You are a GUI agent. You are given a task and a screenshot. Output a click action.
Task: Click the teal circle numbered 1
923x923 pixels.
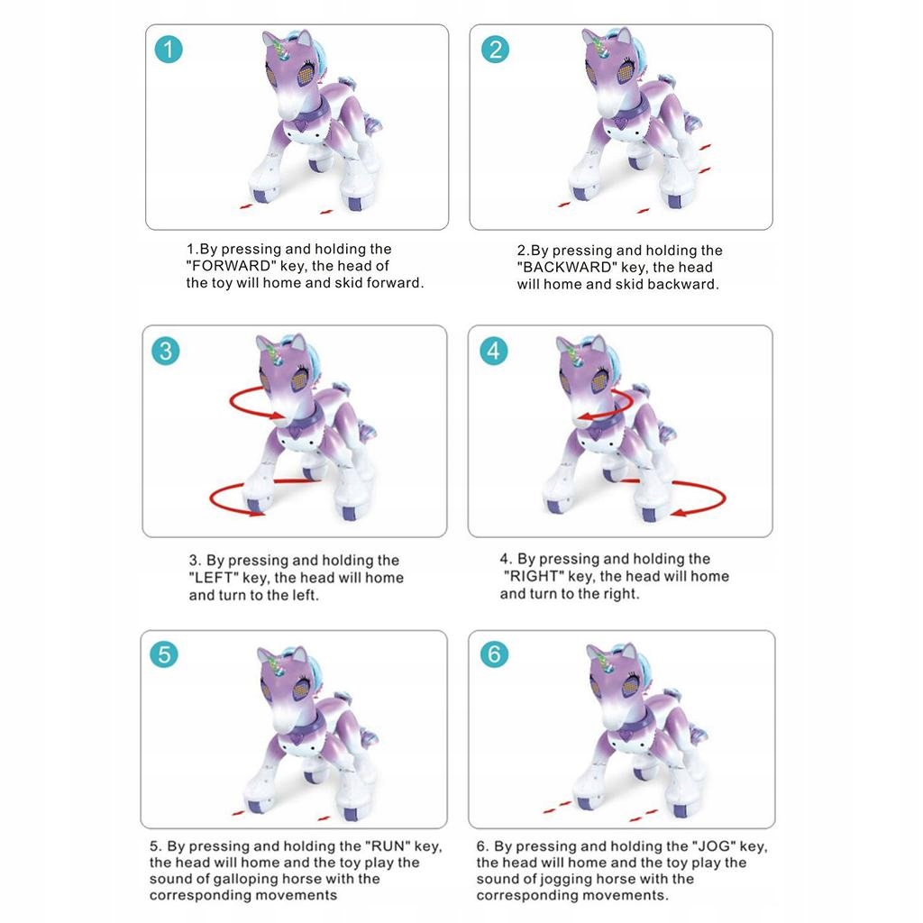tap(169, 50)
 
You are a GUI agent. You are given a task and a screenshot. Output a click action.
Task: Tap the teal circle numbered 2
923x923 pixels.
tap(495, 50)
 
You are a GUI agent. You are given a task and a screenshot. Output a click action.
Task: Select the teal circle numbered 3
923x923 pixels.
tap(166, 352)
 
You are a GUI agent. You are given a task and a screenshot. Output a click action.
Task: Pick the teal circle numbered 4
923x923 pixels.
tap(493, 352)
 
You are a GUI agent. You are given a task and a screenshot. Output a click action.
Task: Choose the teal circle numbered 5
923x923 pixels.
tap(164, 654)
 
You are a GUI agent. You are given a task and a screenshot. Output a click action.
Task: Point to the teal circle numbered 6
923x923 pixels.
tap(494, 654)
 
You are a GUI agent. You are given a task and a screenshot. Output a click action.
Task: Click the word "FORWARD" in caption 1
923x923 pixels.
tap(231, 266)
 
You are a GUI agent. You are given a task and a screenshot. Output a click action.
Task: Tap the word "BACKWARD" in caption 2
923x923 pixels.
tap(567, 267)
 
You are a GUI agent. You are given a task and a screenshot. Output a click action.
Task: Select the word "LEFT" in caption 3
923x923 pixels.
tap(214, 578)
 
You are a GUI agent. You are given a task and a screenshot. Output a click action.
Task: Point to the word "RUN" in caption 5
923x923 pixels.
tap(388, 845)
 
